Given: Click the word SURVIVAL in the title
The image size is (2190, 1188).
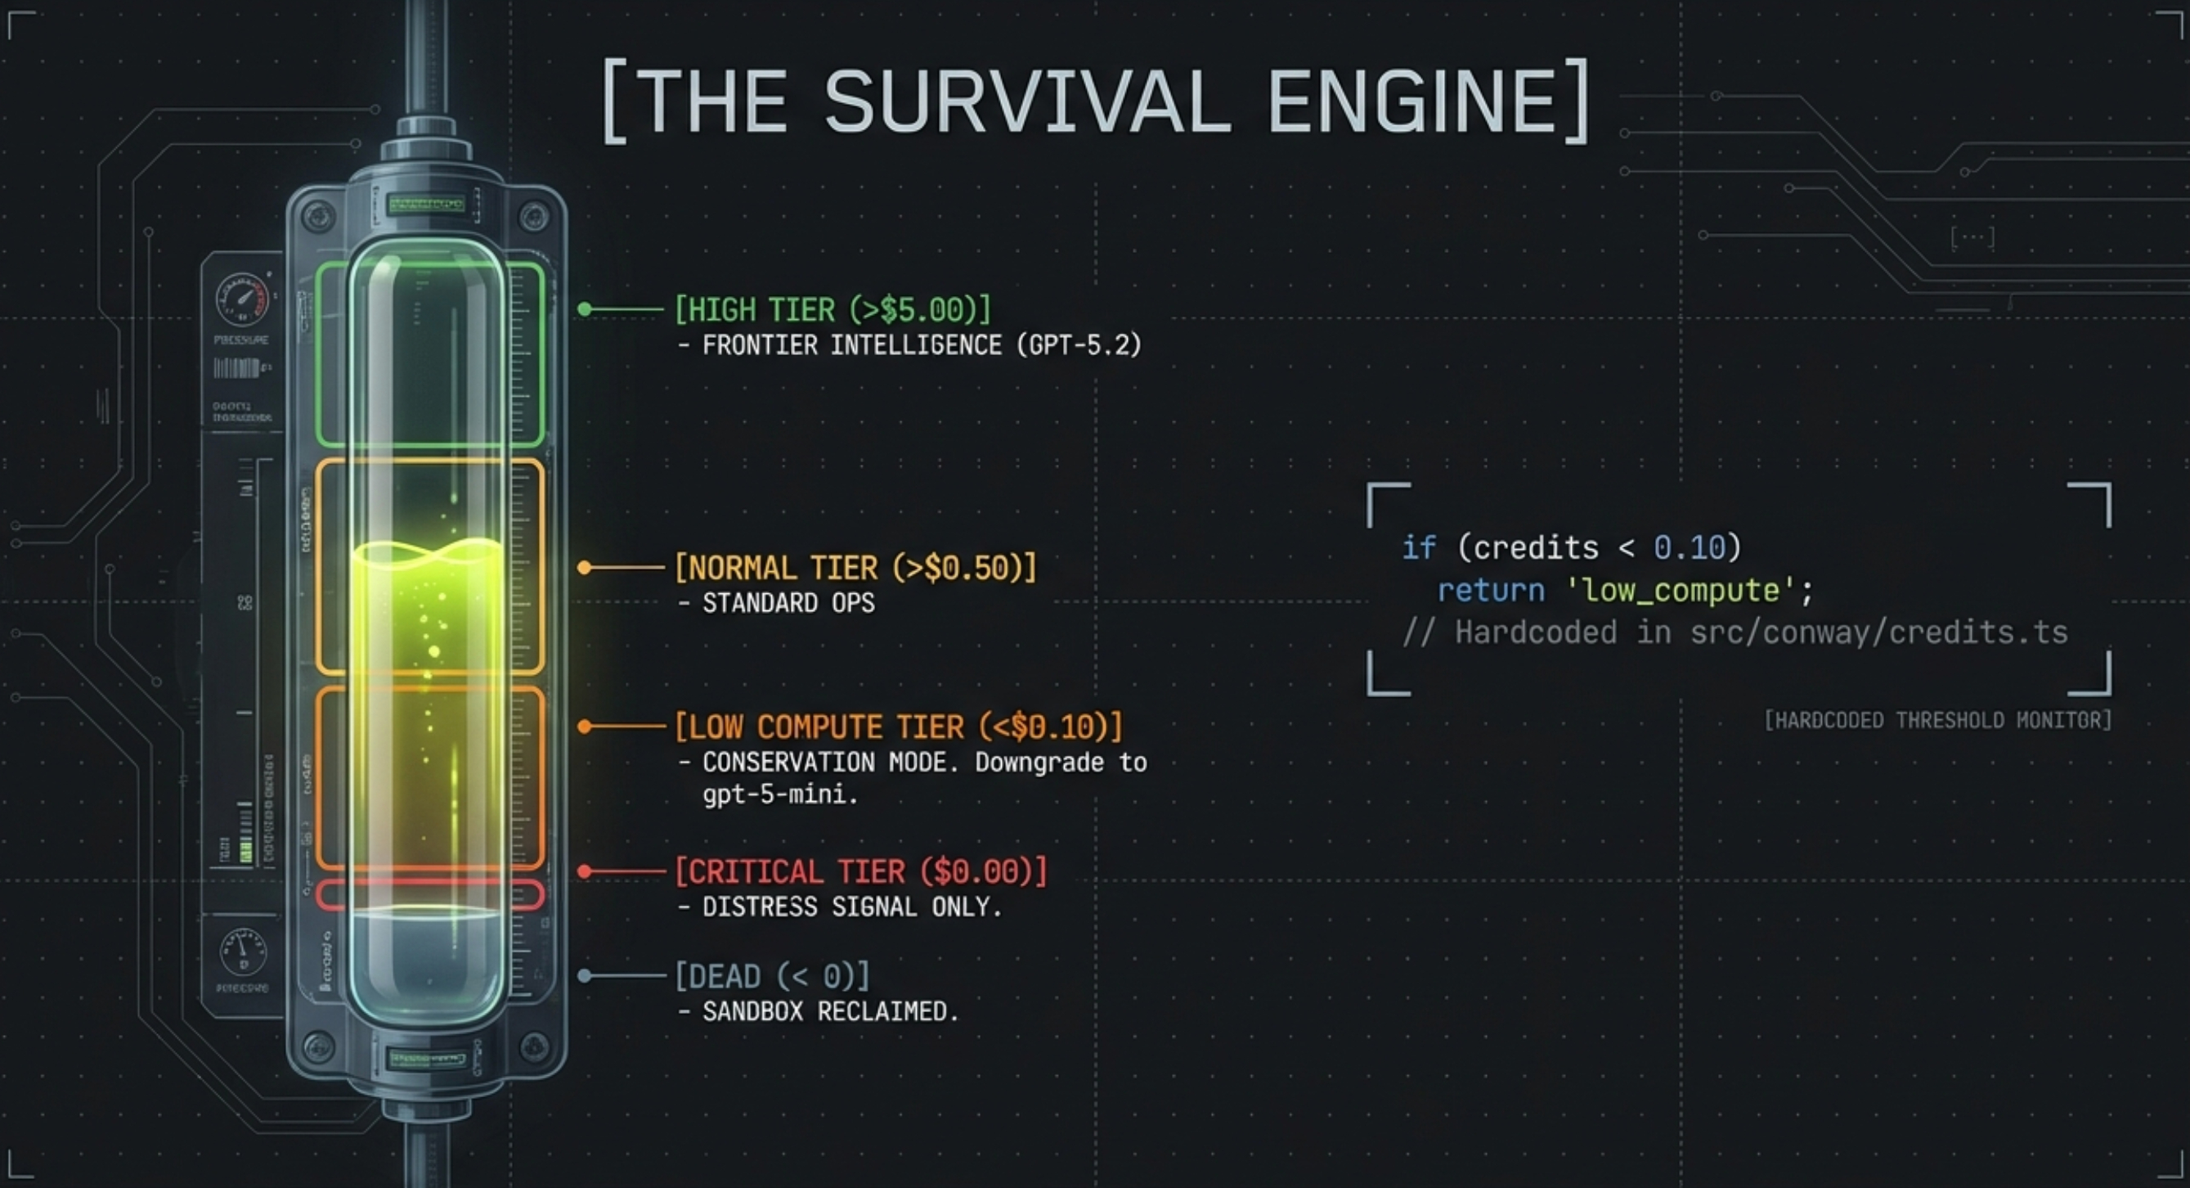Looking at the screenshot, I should [x=1027, y=101].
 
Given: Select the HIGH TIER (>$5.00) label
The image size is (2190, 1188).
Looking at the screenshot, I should [x=832, y=309].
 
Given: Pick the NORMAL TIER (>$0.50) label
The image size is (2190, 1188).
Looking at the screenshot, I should [x=855, y=568].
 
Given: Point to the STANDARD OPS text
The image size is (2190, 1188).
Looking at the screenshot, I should [x=788, y=603].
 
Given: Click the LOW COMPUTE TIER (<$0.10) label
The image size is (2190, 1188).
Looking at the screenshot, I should [x=898, y=727].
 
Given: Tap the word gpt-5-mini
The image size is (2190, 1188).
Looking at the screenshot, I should [x=779, y=794].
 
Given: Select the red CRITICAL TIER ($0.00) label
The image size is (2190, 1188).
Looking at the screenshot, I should [x=860, y=871].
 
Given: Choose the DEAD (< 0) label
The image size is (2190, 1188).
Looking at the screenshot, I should [x=772, y=976].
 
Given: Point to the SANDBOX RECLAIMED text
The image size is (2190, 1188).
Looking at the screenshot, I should [x=830, y=1012].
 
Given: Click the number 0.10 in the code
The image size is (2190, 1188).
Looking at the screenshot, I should [x=1690, y=547].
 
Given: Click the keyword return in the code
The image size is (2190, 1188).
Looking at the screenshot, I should [x=1490, y=590].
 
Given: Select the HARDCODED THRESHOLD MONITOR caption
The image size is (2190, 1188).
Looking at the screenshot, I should [x=1937, y=720].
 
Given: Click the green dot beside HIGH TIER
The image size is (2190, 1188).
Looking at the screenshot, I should [x=585, y=309].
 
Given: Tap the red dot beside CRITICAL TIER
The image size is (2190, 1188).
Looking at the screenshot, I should [x=585, y=871].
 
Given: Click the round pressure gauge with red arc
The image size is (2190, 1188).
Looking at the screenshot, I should [x=242, y=300].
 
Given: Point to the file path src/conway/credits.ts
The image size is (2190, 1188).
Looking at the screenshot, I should [x=1879, y=632].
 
